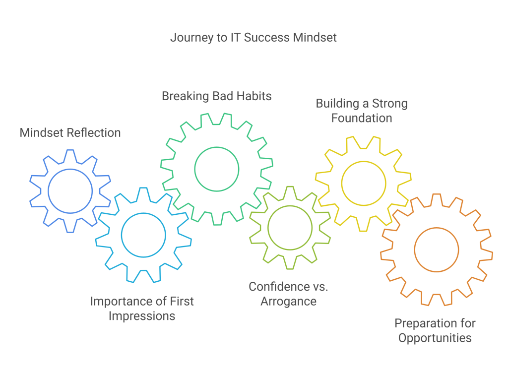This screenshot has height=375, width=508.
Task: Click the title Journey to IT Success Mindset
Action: coord(254,38)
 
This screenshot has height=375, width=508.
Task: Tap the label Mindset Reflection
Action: coord(70,132)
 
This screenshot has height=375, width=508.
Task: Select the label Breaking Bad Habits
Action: coord(217,96)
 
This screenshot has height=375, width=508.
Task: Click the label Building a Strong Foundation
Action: coord(362,111)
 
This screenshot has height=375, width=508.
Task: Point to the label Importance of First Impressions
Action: coord(142,308)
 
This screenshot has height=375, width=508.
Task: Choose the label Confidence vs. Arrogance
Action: coord(289,293)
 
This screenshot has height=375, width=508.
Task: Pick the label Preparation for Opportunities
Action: coord(435,330)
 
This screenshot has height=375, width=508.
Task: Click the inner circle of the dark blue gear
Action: coord(70,191)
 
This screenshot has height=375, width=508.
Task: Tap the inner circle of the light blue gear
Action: coord(143,235)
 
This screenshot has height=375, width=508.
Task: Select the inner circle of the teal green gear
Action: coord(217,169)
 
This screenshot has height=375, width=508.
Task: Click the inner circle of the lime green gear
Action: coord(290,227)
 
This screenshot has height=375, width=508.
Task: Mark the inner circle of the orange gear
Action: coord(437,250)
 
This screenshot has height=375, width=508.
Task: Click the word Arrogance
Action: coord(289,301)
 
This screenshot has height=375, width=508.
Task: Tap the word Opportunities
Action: coord(435,338)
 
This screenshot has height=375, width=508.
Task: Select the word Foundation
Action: coord(362,118)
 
